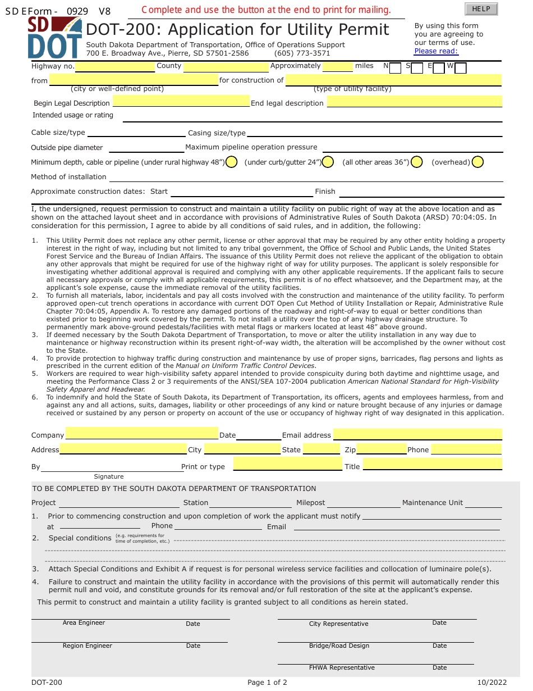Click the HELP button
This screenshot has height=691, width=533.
(481, 9)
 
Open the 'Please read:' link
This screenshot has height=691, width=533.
(436, 51)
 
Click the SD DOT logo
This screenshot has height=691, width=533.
(54, 38)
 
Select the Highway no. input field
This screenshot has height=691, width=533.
(115, 67)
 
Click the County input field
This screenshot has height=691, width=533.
(226, 67)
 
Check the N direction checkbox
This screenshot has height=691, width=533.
(395, 68)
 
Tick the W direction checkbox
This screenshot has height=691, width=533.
(461, 68)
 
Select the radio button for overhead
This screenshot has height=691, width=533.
(477, 162)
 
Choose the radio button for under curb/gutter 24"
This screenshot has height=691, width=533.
(328, 162)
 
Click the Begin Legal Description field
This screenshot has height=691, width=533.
(181, 102)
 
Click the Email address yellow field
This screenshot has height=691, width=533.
(417, 434)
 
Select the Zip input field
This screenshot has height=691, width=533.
(382, 449)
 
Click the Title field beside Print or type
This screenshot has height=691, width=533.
(432, 465)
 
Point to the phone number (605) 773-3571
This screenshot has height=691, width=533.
(302, 53)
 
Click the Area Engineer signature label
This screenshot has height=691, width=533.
(84, 623)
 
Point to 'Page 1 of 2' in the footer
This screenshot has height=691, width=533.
(267, 683)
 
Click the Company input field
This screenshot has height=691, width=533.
(142, 433)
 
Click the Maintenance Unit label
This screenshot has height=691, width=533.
(433, 503)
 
